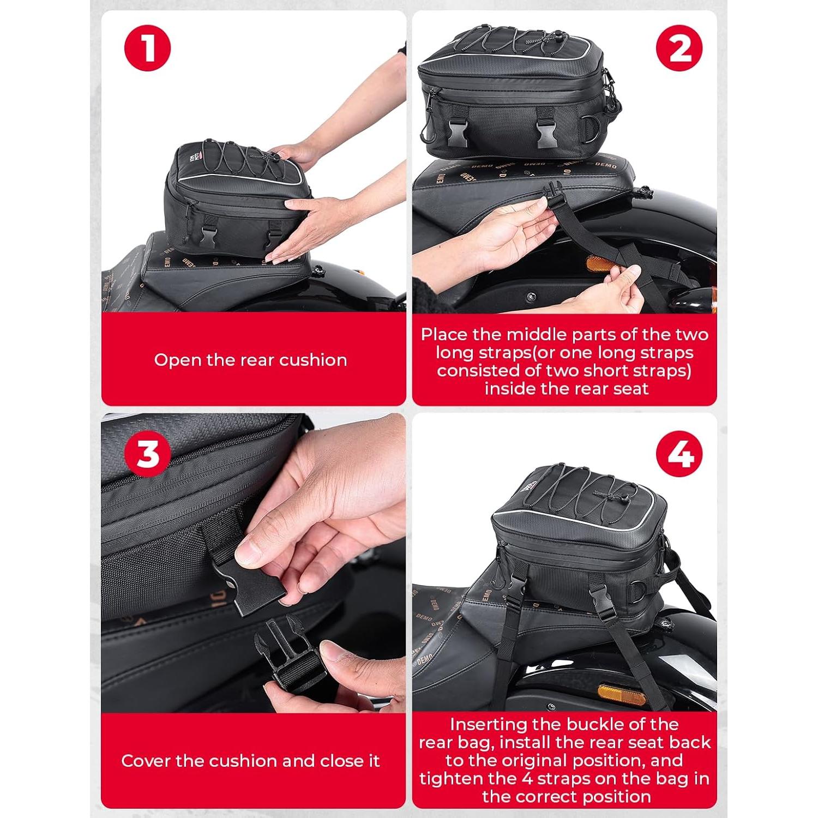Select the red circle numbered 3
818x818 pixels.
(148, 454)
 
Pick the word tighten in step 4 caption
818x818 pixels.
(449, 778)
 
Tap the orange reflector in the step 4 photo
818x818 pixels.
(622, 693)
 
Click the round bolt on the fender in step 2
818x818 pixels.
(531, 297)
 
